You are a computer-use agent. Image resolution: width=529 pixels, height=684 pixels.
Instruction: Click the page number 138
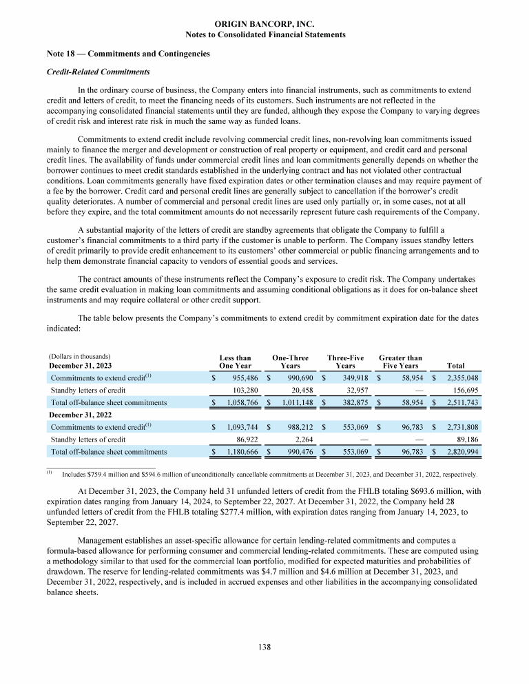pos(264,647)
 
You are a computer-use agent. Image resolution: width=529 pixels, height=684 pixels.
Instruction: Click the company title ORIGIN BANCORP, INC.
pos(264,24)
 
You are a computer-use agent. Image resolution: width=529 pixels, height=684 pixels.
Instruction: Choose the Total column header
pos(455,366)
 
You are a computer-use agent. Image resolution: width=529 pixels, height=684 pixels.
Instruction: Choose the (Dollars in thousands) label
pos(80,357)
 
